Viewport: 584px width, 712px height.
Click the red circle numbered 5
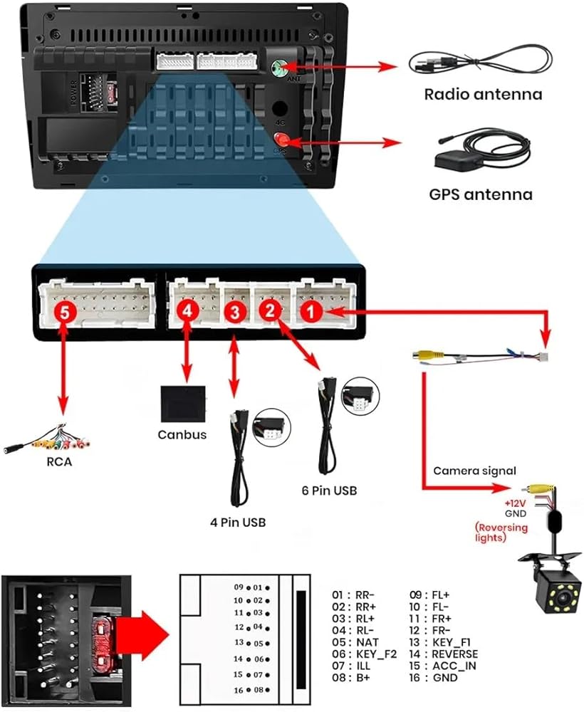pyautogui.click(x=65, y=310)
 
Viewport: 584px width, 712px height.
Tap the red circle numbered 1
pyautogui.click(x=310, y=310)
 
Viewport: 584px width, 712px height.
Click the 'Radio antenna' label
pyautogui.click(x=483, y=93)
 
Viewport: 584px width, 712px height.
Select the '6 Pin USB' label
pyautogui.click(x=330, y=491)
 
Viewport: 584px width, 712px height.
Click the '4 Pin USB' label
pyautogui.click(x=238, y=523)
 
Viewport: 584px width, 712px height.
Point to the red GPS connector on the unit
pyautogui.click(x=282, y=142)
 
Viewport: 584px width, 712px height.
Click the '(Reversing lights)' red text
pyautogui.click(x=501, y=532)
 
